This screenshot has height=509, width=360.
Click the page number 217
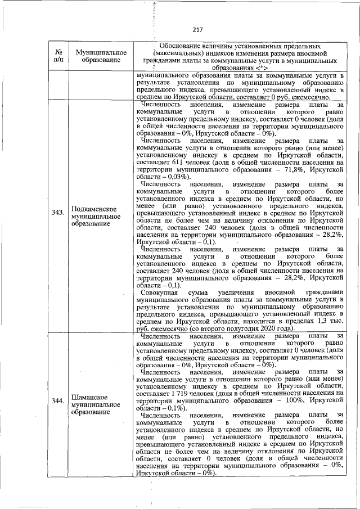(x=197, y=30)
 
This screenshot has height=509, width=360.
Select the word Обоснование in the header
(x=183, y=45)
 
